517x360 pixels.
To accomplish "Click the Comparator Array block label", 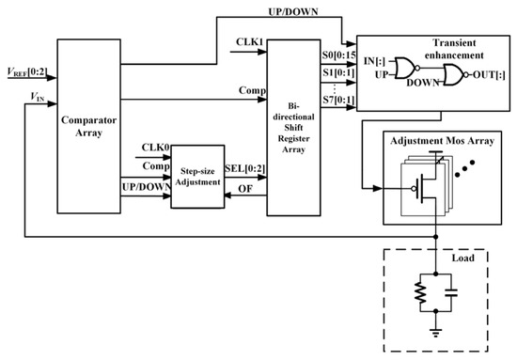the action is click(88, 126).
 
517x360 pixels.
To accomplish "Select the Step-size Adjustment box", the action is click(197, 177).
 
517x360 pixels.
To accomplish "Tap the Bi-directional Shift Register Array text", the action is click(293, 128).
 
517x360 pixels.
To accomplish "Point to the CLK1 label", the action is click(250, 42).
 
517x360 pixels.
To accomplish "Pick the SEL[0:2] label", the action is click(245, 168).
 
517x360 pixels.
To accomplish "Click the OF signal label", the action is click(245, 189).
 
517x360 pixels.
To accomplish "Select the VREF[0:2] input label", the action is click(27, 71).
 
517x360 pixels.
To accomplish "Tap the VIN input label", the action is click(38, 97).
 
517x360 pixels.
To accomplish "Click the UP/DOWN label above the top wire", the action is click(293, 12).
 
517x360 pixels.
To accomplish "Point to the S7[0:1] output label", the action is click(338, 100).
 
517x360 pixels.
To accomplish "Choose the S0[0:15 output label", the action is click(339, 55).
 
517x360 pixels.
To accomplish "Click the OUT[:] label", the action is click(489, 75).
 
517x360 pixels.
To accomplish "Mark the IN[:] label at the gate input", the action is click(374, 61).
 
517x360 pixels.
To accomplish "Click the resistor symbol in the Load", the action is click(420, 292).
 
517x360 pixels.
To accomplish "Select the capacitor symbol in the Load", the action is click(451, 292).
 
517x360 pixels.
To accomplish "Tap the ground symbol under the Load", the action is click(436, 333).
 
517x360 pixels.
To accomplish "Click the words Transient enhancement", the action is click(454, 49).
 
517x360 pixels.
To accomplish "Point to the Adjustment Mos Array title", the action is click(442, 141).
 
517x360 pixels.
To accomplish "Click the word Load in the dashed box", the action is click(462, 258).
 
